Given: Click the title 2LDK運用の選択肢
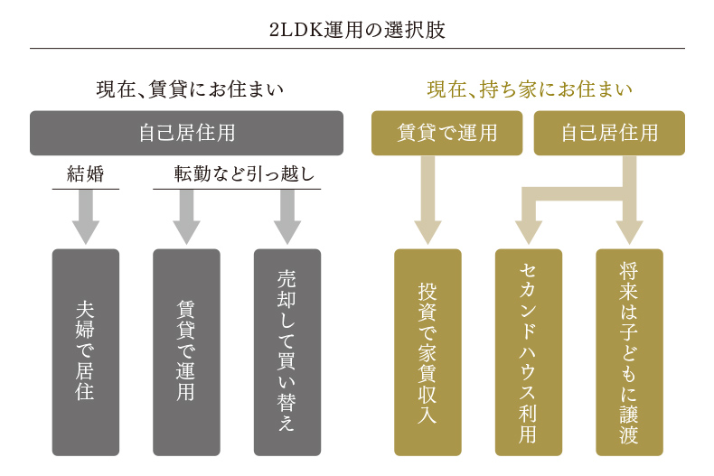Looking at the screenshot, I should click(x=357, y=28).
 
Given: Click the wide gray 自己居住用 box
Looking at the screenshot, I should click(x=186, y=133).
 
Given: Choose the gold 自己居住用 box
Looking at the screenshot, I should click(x=609, y=133).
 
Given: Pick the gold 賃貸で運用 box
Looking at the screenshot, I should click(x=447, y=133).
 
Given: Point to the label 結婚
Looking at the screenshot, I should click(x=86, y=174).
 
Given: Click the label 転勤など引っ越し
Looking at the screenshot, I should click(x=237, y=174).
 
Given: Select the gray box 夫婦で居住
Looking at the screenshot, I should click(x=86, y=351).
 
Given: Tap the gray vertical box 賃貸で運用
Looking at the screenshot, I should click(x=186, y=351).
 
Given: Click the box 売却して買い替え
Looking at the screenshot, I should click(x=287, y=351).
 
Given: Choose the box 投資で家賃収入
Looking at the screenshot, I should click(x=427, y=351).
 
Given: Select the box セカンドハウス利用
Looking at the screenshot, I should click(x=529, y=351).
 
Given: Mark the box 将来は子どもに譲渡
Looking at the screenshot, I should click(x=629, y=351).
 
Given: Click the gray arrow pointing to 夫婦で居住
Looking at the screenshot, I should click(x=86, y=217).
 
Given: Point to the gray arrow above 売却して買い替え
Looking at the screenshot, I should click(x=287, y=217).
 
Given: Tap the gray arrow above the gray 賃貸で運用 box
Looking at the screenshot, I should click(x=186, y=217).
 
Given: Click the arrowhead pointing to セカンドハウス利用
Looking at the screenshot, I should click(x=529, y=230).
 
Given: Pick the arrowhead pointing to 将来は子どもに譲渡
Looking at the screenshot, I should click(x=629, y=230).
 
